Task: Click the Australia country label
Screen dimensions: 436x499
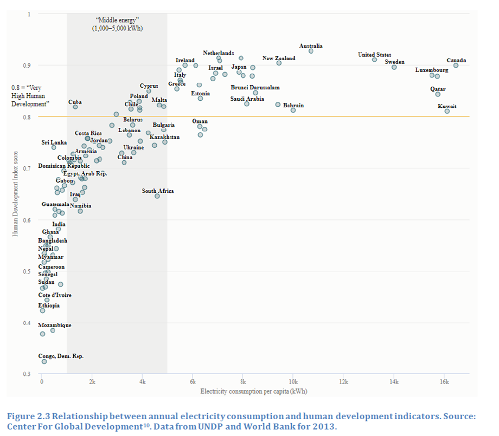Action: click(x=311, y=46)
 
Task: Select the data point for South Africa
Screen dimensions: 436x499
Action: click(x=157, y=196)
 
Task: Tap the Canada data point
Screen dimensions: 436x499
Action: click(x=456, y=66)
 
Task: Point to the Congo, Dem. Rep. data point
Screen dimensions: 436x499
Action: click(x=44, y=361)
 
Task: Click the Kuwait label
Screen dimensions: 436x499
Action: click(x=447, y=106)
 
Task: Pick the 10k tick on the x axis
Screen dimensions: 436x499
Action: click(x=293, y=382)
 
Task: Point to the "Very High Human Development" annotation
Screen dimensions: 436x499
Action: click(x=30, y=95)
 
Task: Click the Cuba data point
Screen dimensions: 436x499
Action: click(x=75, y=107)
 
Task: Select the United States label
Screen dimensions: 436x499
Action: click(x=374, y=55)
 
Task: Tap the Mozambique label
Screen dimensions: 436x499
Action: click(x=54, y=326)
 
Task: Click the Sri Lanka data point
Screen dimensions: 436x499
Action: click(x=54, y=147)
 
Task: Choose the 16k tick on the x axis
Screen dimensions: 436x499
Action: click(x=444, y=382)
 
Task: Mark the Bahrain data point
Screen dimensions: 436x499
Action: click(x=293, y=110)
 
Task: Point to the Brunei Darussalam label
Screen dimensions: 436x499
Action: click(x=255, y=87)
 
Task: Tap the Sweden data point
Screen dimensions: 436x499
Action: click(x=394, y=67)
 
